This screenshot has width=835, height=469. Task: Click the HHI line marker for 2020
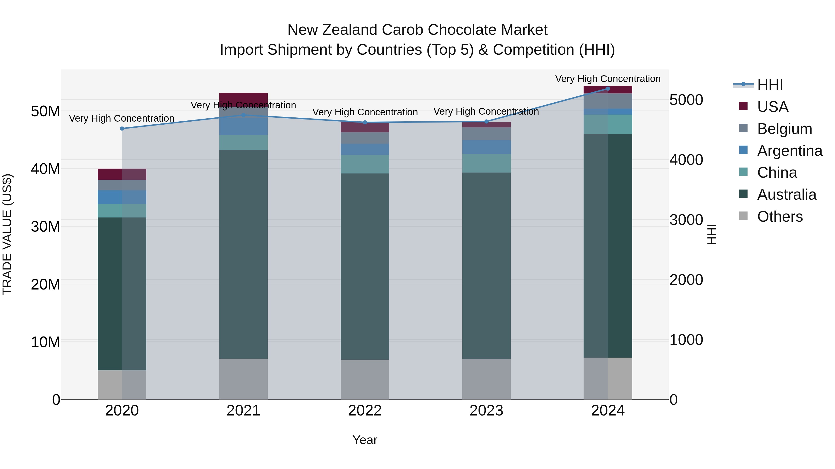tap(122, 129)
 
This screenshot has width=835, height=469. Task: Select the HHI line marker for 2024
tap(608, 89)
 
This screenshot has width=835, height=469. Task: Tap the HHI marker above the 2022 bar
tap(365, 122)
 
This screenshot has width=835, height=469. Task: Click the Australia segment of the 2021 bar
tap(244, 254)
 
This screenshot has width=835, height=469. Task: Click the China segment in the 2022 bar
tap(365, 164)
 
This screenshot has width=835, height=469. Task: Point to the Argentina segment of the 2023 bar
tap(486, 147)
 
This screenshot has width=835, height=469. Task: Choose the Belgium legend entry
tap(784, 129)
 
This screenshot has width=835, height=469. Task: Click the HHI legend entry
tap(770, 85)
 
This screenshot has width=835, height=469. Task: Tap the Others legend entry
tap(780, 217)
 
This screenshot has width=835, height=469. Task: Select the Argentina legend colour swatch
tap(743, 150)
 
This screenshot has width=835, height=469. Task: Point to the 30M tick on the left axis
tap(45, 227)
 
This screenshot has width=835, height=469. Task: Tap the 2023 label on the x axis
tap(486, 411)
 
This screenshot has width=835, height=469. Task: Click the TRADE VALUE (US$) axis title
tap(7, 234)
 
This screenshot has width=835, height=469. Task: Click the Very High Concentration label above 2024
tap(608, 79)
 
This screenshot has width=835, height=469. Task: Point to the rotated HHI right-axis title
tap(712, 234)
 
